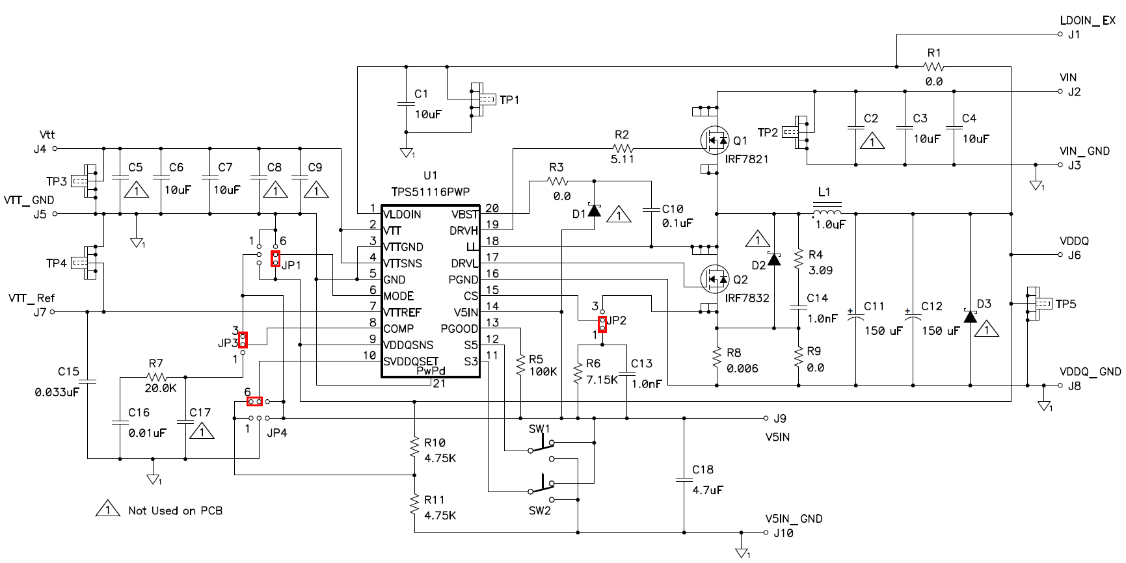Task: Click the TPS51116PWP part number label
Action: click(x=430, y=192)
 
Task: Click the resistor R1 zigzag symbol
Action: click(x=933, y=66)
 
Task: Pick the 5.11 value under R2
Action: click(x=622, y=159)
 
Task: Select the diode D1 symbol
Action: click(x=594, y=210)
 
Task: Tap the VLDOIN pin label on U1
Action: click(x=402, y=215)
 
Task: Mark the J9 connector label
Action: click(x=780, y=419)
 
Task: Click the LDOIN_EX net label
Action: click(x=1087, y=21)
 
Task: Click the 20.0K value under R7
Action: click(x=160, y=388)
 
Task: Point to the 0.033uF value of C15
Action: click(x=57, y=392)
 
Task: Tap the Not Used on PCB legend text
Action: click(x=175, y=511)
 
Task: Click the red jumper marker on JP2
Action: click(x=602, y=324)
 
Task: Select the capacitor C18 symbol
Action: click(x=684, y=480)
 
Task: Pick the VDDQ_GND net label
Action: click(x=1090, y=372)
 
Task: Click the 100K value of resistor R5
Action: click(x=543, y=372)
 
